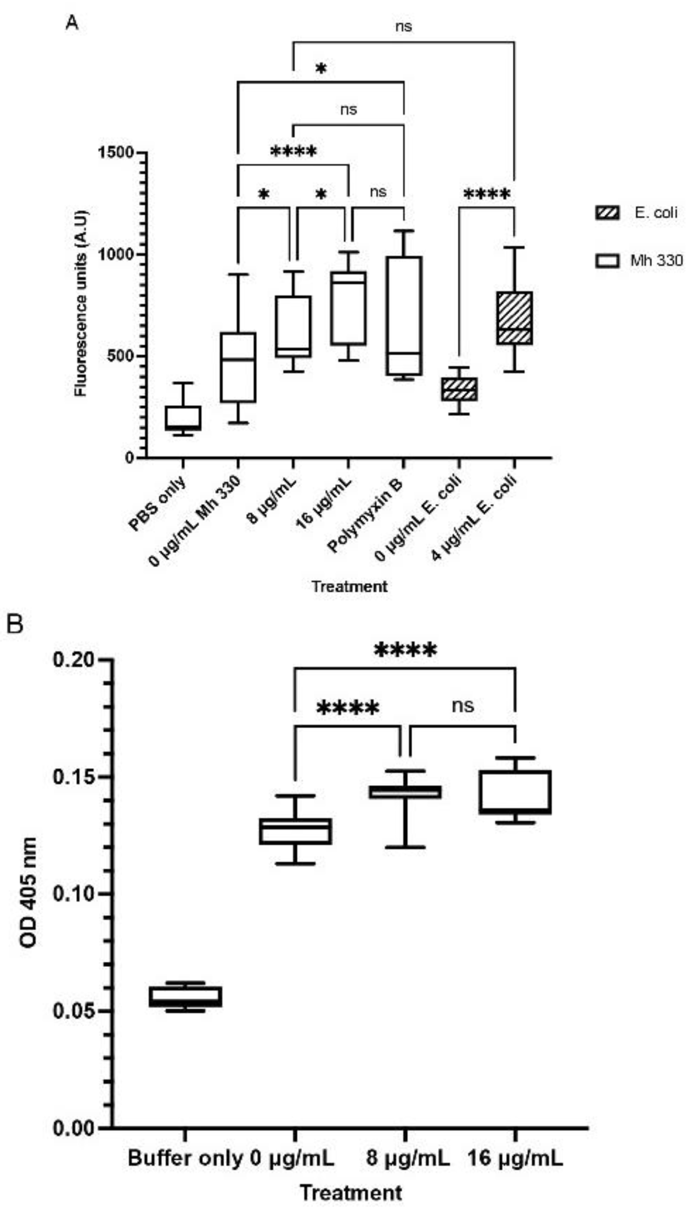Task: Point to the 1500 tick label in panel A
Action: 117,153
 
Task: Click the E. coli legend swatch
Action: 607,213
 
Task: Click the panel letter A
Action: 73,23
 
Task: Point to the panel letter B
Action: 15,624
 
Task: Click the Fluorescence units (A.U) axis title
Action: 81,303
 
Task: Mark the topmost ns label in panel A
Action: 403,26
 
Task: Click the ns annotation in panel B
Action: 462,705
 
